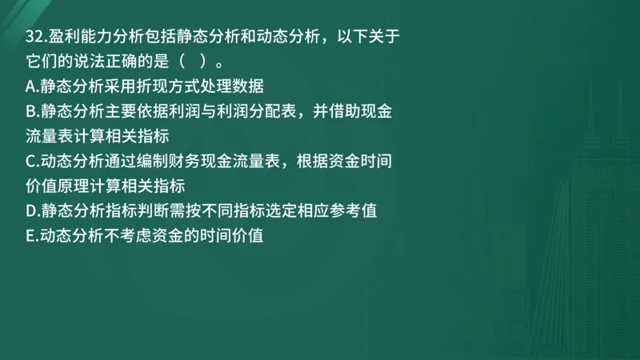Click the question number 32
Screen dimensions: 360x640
[36, 35]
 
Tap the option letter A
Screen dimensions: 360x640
[30, 86]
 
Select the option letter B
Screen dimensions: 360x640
[30, 111]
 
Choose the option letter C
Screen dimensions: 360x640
[30, 162]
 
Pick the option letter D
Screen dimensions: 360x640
[30, 211]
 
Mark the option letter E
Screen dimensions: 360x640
[30, 236]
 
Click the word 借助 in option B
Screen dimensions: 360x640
[337, 111]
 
